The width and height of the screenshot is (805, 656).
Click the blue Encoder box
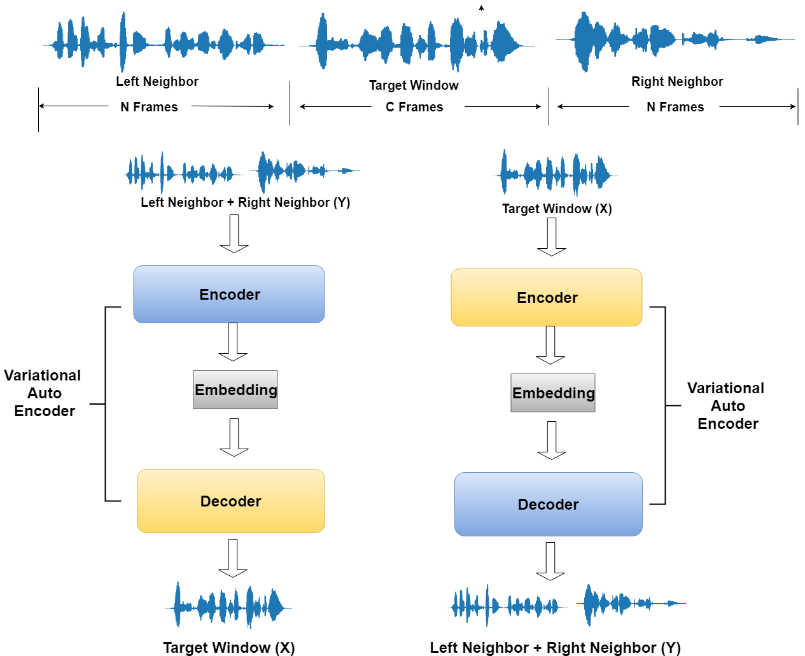pyautogui.click(x=229, y=294)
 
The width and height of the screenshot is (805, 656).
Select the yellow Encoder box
pyautogui.click(x=547, y=297)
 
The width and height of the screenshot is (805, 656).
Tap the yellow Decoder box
pyautogui.click(x=231, y=501)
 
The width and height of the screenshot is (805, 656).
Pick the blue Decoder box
pyautogui.click(x=549, y=504)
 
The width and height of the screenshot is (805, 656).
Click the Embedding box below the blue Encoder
pyautogui.click(x=235, y=389)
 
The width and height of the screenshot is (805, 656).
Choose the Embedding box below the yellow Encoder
pyautogui.click(x=553, y=393)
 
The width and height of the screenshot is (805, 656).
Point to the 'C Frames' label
pyautogui.click(x=414, y=107)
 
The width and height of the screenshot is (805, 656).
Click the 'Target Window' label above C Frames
pyautogui.click(x=414, y=85)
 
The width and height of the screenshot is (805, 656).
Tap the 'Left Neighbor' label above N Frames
pyautogui.click(x=157, y=81)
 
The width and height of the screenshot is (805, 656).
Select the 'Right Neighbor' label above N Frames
pyautogui.click(x=677, y=81)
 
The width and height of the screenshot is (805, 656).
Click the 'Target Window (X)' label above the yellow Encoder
pyautogui.click(x=557, y=209)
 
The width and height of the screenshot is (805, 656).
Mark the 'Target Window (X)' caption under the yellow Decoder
pyautogui.click(x=229, y=647)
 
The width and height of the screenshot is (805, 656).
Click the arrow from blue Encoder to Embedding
pyautogui.click(x=233, y=342)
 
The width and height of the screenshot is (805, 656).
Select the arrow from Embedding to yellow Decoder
pyautogui.click(x=234, y=437)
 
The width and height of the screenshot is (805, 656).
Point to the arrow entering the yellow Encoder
pyautogui.click(x=552, y=237)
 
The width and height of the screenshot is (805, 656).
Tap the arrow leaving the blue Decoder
pyautogui.click(x=550, y=561)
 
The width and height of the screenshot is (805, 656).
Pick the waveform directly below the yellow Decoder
pyautogui.click(x=229, y=606)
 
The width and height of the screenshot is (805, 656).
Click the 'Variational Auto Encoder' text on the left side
pyautogui.click(x=43, y=393)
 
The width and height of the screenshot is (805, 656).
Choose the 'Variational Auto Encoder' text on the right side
pyautogui.click(x=727, y=406)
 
